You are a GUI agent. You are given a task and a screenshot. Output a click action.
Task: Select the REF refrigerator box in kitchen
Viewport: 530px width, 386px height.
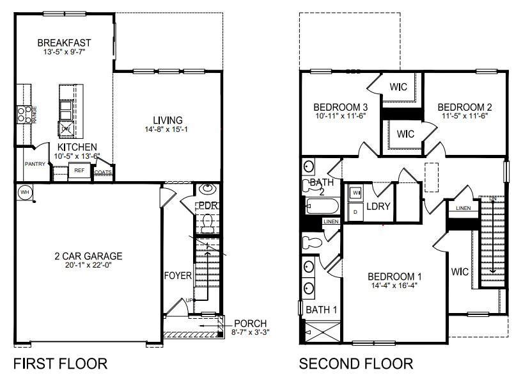(x=79, y=171)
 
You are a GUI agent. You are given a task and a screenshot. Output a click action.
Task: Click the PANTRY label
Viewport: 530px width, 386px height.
(x=35, y=164)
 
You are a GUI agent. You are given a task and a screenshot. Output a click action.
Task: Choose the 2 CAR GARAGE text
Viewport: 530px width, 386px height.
(x=88, y=256)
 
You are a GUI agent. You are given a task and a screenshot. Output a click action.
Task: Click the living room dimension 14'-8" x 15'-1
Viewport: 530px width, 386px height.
(x=168, y=131)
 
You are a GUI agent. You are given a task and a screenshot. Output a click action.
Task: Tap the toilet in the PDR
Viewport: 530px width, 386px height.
(x=207, y=221)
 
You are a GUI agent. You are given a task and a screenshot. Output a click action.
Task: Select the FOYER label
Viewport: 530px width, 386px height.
(x=178, y=276)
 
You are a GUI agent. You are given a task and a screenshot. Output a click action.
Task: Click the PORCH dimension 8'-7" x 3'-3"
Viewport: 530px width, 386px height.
(x=250, y=333)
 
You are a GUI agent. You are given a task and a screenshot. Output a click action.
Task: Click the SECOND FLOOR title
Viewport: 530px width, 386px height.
(x=356, y=364)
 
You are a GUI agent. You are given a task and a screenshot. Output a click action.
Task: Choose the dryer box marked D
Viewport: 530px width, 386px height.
(x=355, y=211)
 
